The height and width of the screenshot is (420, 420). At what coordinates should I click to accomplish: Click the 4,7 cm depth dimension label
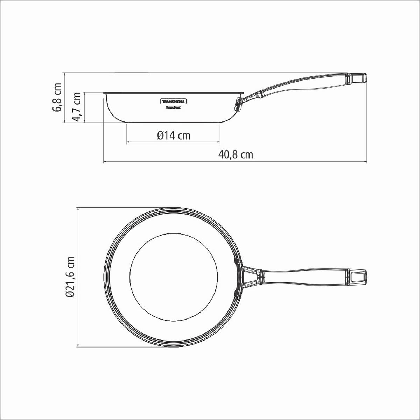click(77, 107)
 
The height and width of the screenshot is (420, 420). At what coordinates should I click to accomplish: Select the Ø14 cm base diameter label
click(174, 135)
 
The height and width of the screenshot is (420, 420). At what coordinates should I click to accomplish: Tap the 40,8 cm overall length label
click(236, 154)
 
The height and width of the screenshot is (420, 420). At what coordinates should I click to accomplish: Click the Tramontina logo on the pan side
click(174, 101)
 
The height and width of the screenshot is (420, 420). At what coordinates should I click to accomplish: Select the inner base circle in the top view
click(174, 277)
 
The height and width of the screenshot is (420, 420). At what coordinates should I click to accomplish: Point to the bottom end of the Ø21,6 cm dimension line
click(78, 346)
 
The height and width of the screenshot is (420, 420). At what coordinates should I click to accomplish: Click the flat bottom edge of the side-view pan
click(174, 122)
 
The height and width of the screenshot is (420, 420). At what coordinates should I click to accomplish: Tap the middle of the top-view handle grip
click(304, 276)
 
